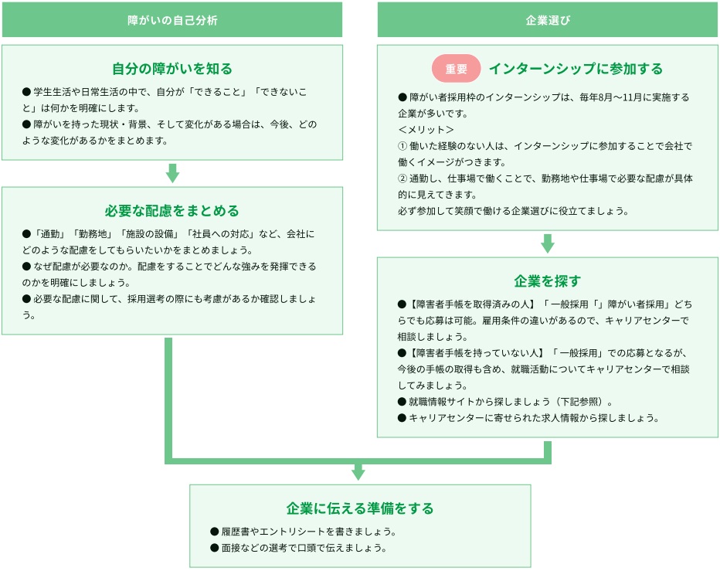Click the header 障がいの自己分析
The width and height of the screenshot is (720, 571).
click(172, 20)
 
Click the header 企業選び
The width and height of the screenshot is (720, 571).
click(548, 20)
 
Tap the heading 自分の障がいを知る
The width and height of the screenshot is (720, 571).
click(172, 69)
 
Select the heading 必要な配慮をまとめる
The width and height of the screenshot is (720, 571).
click(172, 211)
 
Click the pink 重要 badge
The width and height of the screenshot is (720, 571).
click(457, 69)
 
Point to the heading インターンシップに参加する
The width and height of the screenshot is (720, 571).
click(576, 69)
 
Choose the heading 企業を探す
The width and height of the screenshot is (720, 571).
click(548, 280)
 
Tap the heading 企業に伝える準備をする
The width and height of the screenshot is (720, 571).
click(360, 508)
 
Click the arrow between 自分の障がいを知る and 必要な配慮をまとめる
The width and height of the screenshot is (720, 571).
click(172, 173)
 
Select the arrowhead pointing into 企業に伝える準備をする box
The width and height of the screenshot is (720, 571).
click(358, 471)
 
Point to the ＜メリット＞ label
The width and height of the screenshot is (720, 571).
click(426, 129)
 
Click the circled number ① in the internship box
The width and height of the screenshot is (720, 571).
click(402, 145)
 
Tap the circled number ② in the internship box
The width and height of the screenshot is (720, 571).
click(402, 178)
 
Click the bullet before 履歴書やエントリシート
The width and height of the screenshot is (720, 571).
click(214, 532)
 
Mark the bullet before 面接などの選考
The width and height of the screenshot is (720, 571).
click(214, 548)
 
